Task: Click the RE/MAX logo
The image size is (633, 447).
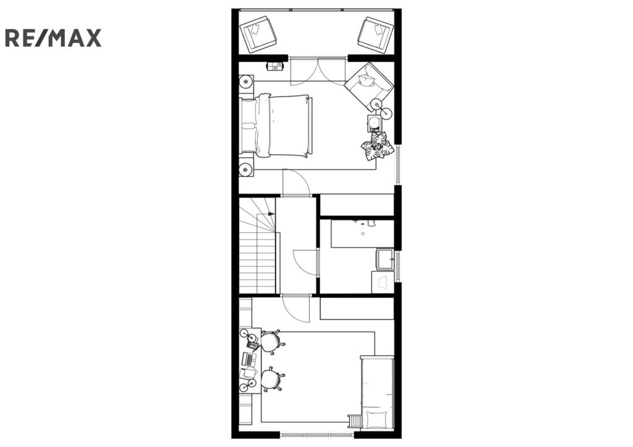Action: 53,38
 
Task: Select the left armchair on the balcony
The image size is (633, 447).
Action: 258,35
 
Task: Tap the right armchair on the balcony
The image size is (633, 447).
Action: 375,35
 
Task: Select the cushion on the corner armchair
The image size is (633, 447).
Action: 367,80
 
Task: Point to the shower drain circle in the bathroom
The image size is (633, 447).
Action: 363,234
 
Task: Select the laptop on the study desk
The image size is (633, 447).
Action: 249,359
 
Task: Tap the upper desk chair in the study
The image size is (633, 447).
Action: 271,343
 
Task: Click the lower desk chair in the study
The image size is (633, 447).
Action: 271,379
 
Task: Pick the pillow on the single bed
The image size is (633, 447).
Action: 377,420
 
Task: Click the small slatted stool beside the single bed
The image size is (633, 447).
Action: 355,420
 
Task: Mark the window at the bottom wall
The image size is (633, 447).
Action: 317,435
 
